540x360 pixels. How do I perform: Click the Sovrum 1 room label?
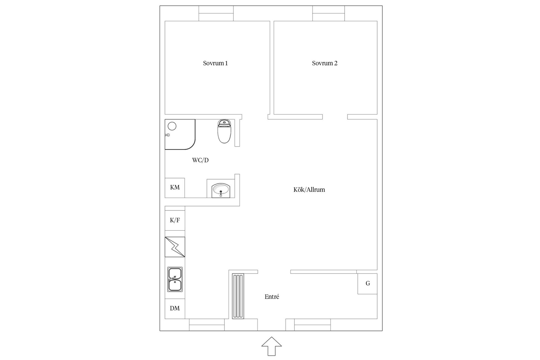(x=215, y=63)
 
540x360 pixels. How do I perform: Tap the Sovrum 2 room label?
(x=325, y=63)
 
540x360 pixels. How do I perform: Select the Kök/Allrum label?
(x=309, y=190)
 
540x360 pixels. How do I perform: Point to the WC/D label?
(x=200, y=160)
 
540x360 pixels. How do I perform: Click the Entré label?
(x=272, y=297)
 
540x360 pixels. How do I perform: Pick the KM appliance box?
(x=175, y=188)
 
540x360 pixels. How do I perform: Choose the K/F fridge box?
(x=175, y=220)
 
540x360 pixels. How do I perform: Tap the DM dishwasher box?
(x=175, y=309)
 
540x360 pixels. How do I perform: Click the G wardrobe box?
(x=368, y=283)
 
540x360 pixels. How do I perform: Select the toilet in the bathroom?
(x=224, y=131)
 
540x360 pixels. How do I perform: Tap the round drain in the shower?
(x=172, y=126)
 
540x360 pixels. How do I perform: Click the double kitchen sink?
(x=175, y=279)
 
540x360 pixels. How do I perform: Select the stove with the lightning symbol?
(x=175, y=247)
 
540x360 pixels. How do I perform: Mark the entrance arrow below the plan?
(x=271, y=346)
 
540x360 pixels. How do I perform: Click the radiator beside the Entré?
(x=238, y=296)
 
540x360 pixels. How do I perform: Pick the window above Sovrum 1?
(x=216, y=13)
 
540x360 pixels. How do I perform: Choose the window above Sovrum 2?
(x=328, y=13)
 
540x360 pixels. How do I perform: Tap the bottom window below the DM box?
(x=207, y=325)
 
